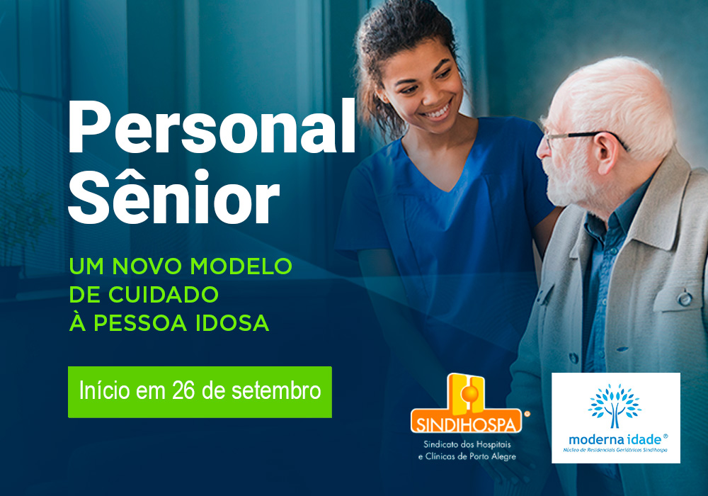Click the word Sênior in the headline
pos(174,196)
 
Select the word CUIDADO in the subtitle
pos(164,295)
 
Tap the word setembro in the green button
pos(276,390)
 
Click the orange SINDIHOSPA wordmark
pos(466,424)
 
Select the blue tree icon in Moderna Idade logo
pos(615,406)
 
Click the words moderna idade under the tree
pos(615,439)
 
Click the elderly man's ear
pos(607,152)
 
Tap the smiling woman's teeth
pos(438,111)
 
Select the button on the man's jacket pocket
pos(684,298)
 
